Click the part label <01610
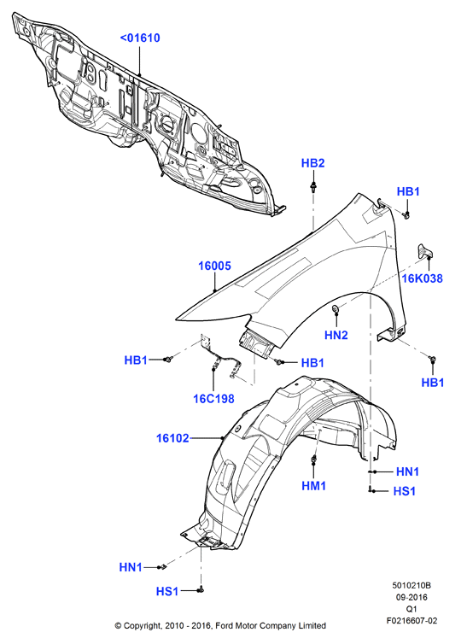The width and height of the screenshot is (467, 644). pyautogui.click(x=140, y=38)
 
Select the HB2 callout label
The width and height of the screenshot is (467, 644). pyautogui.click(x=312, y=163)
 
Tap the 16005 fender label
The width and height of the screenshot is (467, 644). pyautogui.click(x=214, y=266)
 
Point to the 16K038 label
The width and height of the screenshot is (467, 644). pyautogui.click(x=423, y=278)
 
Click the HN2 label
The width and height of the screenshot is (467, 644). pyautogui.click(x=336, y=335)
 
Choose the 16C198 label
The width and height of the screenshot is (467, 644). pyautogui.click(x=213, y=398)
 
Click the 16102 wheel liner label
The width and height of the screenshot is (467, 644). pyautogui.click(x=172, y=438)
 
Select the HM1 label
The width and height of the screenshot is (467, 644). pyautogui.click(x=314, y=486)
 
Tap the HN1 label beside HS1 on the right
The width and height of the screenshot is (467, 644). pyautogui.click(x=407, y=472)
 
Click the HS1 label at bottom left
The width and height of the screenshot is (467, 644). pyautogui.click(x=167, y=591)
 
